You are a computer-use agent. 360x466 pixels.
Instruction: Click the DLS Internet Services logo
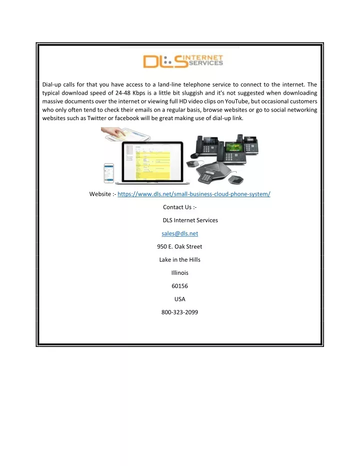tap(183, 61)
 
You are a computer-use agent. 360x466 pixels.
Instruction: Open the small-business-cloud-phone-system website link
tap(194, 194)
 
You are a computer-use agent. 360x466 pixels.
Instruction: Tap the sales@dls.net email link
tap(180, 234)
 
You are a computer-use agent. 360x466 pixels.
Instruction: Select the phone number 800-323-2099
tap(180, 312)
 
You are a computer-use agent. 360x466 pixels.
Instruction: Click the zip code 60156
tap(180, 286)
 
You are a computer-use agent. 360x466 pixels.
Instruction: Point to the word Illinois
tap(180, 273)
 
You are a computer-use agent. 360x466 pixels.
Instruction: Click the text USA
tap(180, 299)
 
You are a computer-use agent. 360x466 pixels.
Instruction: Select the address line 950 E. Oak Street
tap(180, 247)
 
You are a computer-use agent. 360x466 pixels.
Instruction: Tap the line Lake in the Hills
tap(180, 260)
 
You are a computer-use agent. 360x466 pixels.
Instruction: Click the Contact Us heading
tap(180, 207)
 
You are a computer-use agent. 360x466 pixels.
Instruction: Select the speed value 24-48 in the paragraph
tap(123, 93)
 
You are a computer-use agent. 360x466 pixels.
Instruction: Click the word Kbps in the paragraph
tap(139, 93)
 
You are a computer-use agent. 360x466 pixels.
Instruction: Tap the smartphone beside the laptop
tap(109, 173)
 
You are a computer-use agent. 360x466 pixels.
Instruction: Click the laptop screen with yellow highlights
tap(152, 162)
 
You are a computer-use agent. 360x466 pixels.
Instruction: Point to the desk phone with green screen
tap(231, 152)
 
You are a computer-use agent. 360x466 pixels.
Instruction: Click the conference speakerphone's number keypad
tap(205, 178)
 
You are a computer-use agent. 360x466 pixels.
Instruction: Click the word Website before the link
tap(100, 194)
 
